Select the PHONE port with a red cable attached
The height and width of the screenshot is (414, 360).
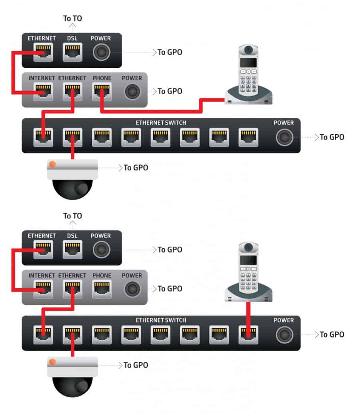(x=102, y=92)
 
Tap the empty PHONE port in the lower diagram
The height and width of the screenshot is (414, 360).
(x=102, y=289)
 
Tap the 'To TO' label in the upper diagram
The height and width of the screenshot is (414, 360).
(x=72, y=18)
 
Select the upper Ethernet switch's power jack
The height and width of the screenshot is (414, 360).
(x=284, y=137)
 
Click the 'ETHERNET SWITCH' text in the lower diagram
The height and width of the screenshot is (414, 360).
(x=161, y=320)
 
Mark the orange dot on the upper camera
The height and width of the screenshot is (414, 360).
(x=52, y=165)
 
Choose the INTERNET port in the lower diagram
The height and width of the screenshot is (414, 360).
(x=43, y=289)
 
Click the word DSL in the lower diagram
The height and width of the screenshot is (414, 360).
(x=72, y=236)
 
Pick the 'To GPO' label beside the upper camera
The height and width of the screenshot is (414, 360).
(x=136, y=168)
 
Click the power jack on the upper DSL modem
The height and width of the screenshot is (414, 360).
(x=102, y=52)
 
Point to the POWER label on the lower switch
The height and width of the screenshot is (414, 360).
(x=284, y=320)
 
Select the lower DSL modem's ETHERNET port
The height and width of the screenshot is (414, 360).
(x=43, y=250)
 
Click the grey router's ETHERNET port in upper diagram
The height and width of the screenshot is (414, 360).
(x=72, y=92)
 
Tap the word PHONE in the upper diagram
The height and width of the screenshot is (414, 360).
(x=102, y=78)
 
